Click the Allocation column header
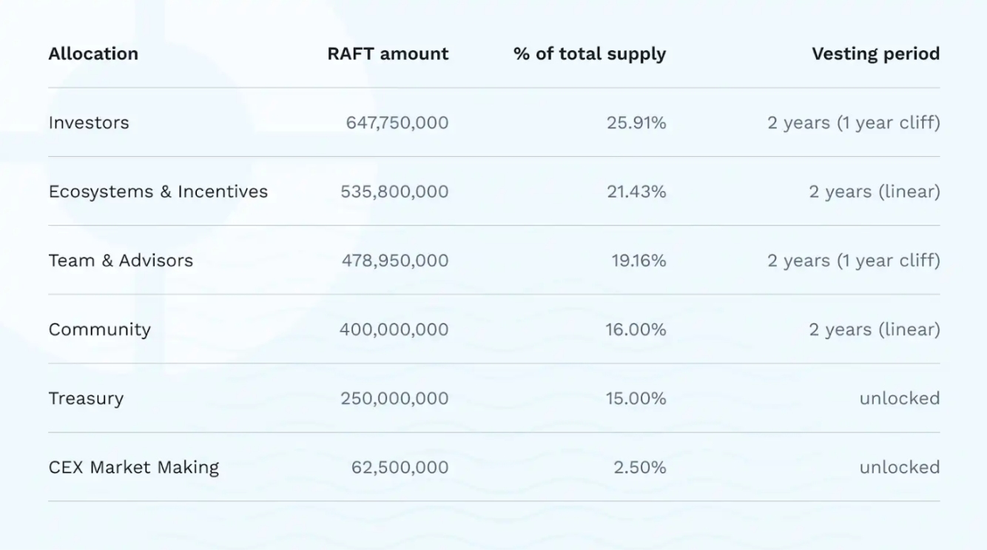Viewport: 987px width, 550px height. [93, 54]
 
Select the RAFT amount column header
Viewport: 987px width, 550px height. [388, 54]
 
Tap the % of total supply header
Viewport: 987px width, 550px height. [590, 54]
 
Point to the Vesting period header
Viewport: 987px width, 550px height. [875, 54]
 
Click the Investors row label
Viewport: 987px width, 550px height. [89, 123]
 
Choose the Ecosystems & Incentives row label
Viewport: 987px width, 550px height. [158, 192]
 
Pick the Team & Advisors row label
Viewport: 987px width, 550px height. [121, 261]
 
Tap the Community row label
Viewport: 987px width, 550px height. [100, 329]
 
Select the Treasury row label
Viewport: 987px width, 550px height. [86, 398]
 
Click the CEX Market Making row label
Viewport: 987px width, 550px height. [134, 467]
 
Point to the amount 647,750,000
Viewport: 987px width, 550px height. [397, 123]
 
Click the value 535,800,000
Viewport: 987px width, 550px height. [394, 192]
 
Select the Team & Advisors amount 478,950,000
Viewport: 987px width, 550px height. [395, 261]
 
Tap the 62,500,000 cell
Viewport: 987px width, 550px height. [400, 467]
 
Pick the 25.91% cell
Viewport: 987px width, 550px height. [636, 123]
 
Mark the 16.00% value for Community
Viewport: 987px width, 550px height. [636, 329]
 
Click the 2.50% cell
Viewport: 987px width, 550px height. [640, 467]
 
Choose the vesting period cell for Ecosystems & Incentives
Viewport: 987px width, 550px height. [874, 192]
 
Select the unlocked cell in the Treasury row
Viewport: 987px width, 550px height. [899, 398]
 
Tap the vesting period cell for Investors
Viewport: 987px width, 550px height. [853, 123]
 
